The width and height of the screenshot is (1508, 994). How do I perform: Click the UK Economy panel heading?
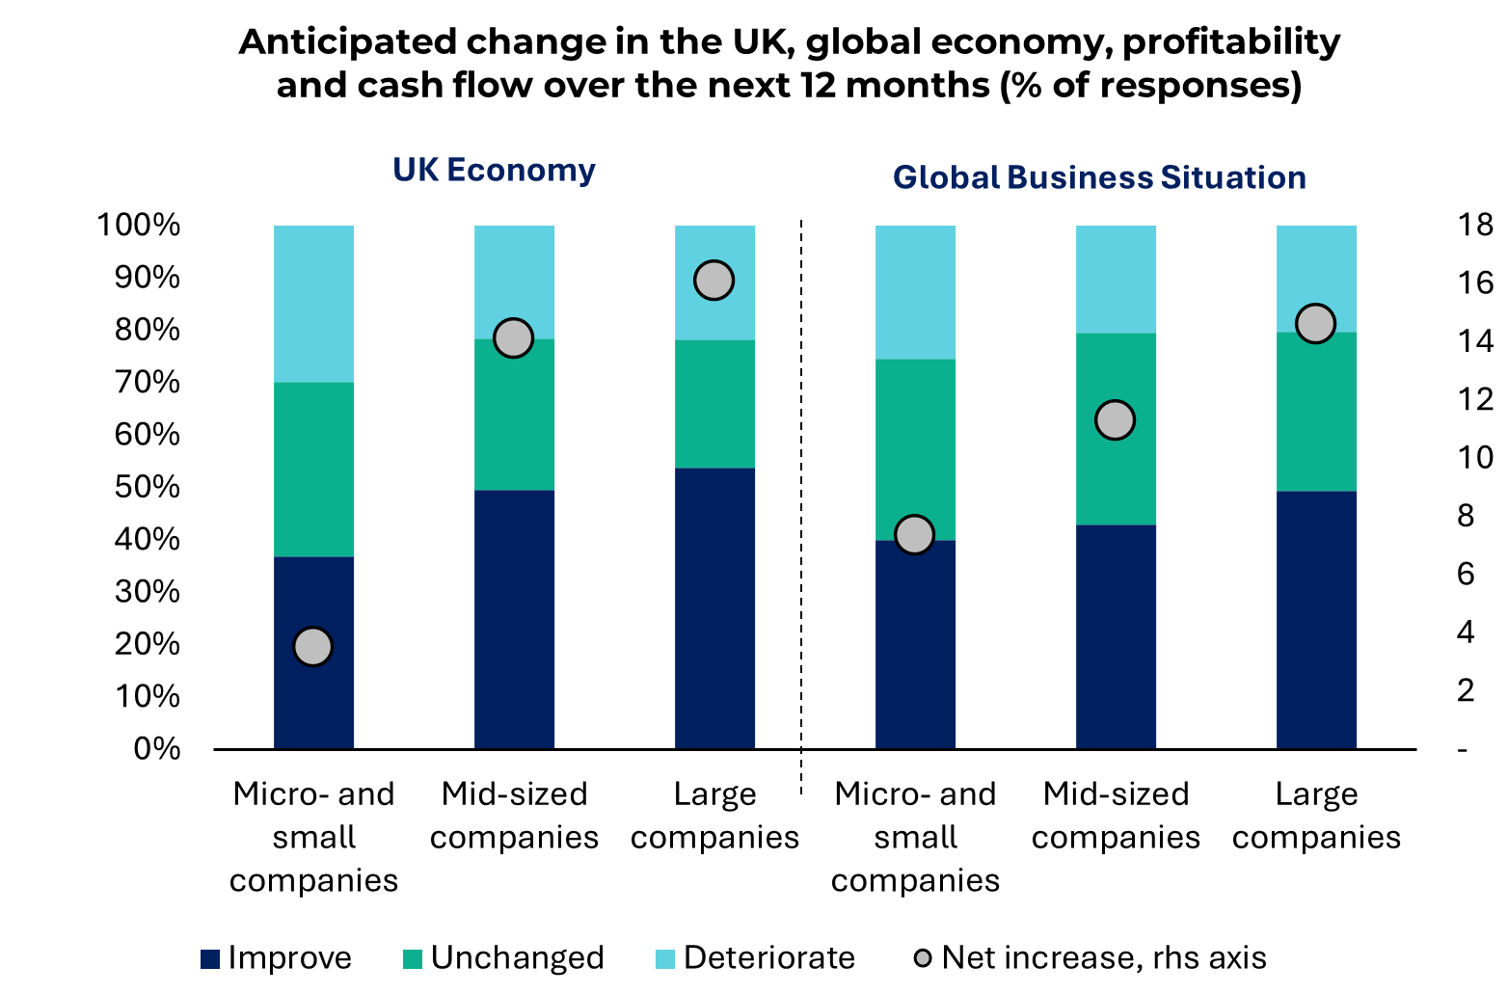tap(494, 171)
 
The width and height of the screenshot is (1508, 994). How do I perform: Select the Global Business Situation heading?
tap(1099, 178)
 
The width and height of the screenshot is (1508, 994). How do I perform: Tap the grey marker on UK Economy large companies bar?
tap(714, 281)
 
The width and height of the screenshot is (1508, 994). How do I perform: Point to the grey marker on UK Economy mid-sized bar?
tap(513, 338)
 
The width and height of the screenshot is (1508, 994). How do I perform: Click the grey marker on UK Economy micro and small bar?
tap(313, 646)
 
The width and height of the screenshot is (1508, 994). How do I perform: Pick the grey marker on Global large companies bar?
tap(1315, 324)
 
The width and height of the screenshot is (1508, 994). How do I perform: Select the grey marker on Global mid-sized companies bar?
tap(1115, 420)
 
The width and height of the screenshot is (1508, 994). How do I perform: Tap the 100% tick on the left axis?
tap(138, 226)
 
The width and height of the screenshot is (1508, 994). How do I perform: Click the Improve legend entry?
tap(277, 958)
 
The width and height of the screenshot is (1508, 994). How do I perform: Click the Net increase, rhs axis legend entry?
tap(1091, 958)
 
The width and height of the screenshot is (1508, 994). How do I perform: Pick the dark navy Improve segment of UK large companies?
tap(714, 607)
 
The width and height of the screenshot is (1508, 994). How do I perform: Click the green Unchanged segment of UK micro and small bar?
tap(313, 470)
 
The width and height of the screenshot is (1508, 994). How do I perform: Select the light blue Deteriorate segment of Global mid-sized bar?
tap(1116, 280)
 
